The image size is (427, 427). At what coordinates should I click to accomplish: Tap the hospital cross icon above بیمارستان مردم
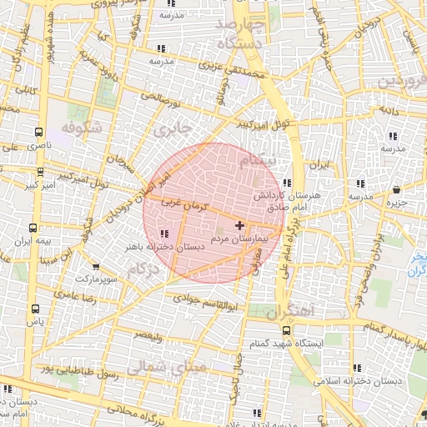(x=240, y=224)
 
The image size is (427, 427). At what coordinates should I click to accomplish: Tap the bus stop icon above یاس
(x=34, y=309)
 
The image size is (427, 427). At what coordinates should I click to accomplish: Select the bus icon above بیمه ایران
(x=33, y=227)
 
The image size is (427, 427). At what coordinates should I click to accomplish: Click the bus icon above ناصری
(x=39, y=131)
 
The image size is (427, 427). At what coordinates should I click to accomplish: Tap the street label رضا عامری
(x=76, y=295)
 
